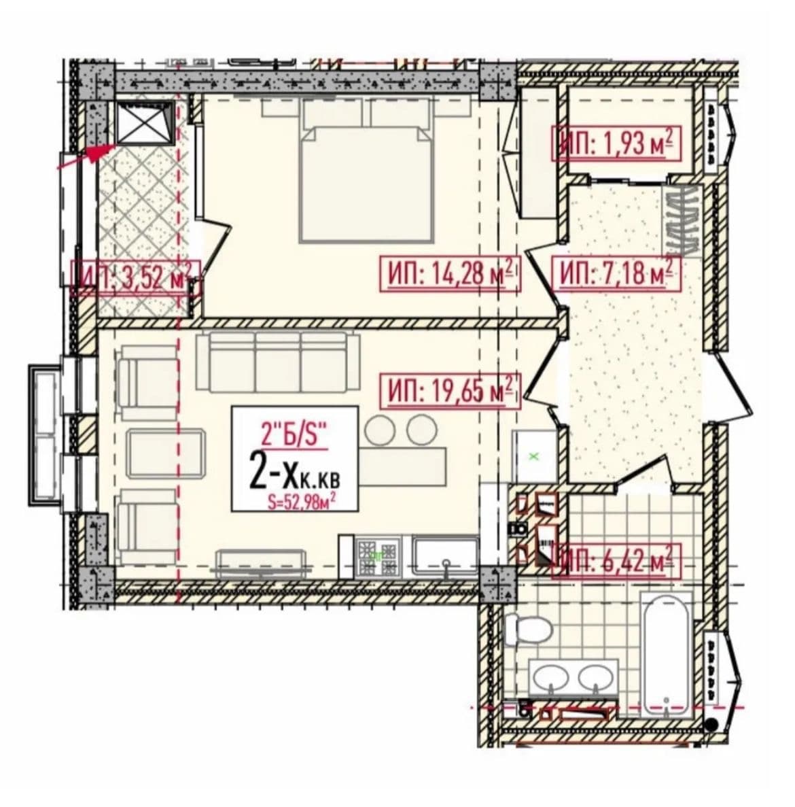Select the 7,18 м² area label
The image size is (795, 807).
[616, 273]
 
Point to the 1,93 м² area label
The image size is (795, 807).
[616, 143]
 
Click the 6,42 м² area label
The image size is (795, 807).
[616, 561]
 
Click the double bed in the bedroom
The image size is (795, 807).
[366, 170]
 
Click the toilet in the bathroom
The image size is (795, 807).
[527, 628]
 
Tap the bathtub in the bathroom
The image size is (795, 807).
[667, 655]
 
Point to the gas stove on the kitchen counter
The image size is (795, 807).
[380, 556]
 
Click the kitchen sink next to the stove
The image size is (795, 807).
[446, 556]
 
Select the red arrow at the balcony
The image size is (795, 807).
[86, 156]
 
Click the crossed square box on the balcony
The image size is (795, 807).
[145, 122]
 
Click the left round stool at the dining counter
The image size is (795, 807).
[381, 429]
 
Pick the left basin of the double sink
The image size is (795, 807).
[551, 677]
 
